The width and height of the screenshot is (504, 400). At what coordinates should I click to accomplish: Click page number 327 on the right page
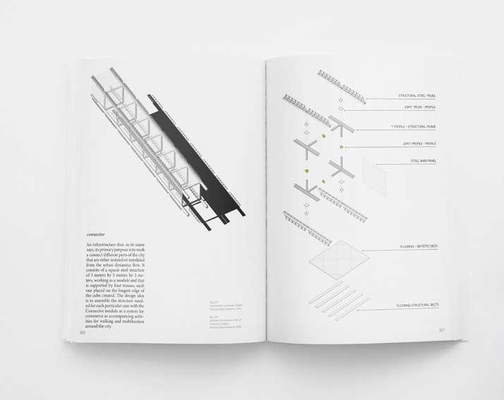click(441, 329)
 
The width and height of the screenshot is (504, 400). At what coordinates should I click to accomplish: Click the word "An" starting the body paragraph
click(90, 244)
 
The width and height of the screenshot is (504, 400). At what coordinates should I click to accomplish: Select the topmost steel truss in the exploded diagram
click(341, 85)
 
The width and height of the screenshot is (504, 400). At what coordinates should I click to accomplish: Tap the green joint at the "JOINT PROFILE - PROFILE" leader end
click(341, 147)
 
